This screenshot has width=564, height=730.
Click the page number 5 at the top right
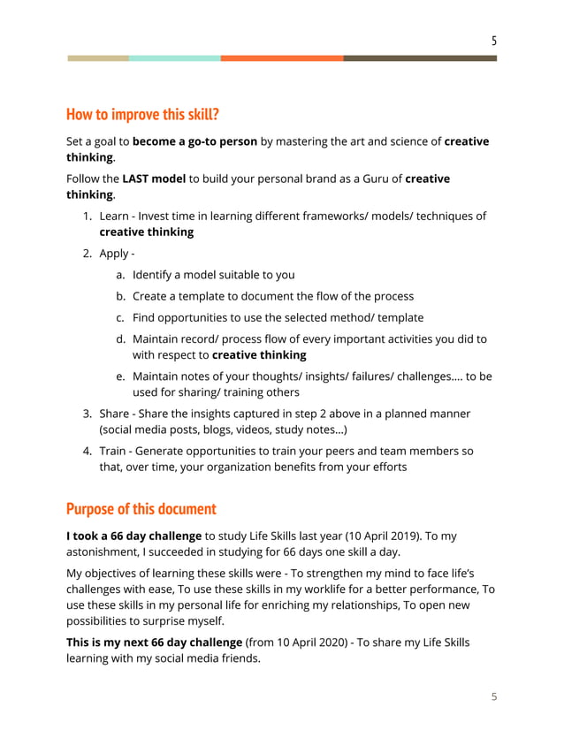point(494,40)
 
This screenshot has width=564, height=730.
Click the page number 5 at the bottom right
point(494,696)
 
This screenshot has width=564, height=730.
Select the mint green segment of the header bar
point(174,58)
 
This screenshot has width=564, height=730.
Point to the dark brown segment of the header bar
point(420,58)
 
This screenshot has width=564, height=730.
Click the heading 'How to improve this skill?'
point(142,115)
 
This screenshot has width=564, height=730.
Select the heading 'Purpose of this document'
point(141,509)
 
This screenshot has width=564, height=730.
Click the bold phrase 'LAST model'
point(154,179)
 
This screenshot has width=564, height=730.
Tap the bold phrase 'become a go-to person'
point(195,141)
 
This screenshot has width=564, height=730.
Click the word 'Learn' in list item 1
point(115,217)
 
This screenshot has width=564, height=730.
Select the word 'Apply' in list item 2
point(114,254)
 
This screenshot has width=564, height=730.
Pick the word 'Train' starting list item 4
point(113,451)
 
